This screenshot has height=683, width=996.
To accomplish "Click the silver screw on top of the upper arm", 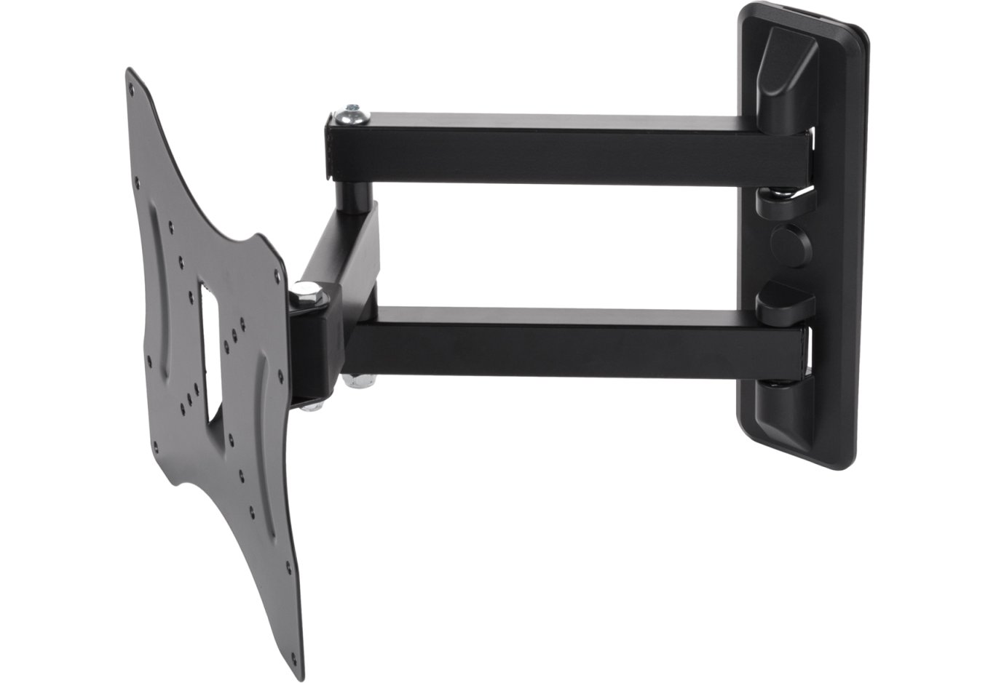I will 352,113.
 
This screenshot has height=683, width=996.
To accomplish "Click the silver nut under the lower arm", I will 357,380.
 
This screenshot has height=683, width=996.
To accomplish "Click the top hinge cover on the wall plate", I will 783,80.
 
